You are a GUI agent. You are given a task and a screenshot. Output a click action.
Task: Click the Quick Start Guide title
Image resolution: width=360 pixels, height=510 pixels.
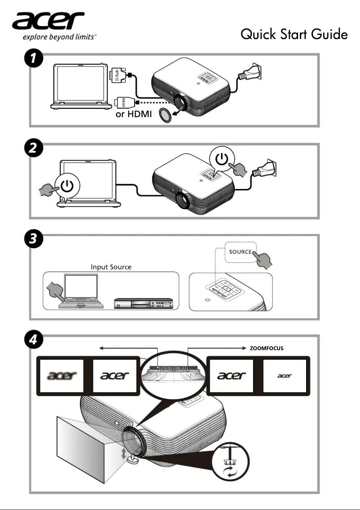294,34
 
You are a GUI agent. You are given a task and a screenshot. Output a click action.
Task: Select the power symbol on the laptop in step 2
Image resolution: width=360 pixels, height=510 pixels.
67,186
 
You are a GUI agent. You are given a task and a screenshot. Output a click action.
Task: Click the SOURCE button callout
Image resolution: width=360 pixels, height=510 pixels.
240,251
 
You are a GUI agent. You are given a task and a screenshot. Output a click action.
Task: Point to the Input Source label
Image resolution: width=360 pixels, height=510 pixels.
111,267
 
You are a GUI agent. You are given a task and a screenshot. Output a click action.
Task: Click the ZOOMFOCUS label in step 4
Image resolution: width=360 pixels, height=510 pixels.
267,348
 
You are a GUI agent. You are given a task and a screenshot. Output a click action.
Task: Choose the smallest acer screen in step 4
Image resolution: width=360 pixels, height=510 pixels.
284,376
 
